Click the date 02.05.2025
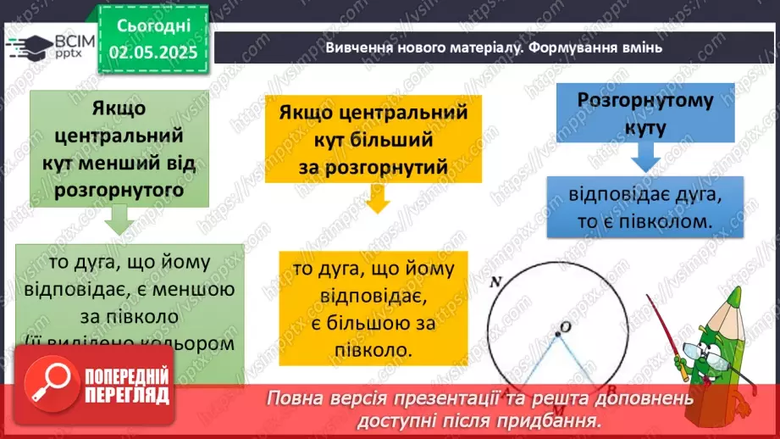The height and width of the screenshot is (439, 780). click(x=152, y=51)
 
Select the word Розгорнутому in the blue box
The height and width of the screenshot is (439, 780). click(x=645, y=100)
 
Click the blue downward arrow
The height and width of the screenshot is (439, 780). click(x=645, y=156)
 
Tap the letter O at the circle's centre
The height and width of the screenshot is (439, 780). click(x=561, y=326)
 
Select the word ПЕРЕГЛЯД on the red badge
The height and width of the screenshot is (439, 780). click(x=127, y=395)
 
